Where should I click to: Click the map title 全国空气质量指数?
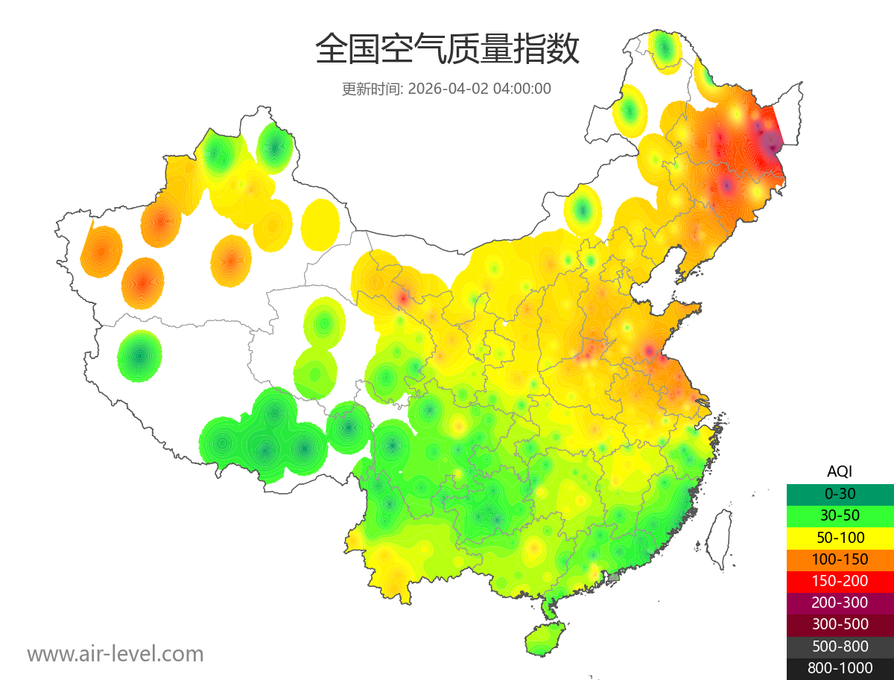tap(447, 50)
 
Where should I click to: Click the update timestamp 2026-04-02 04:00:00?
tap(480, 89)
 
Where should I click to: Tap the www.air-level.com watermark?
tap(115, 654)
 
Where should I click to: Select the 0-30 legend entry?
tap(840, 494)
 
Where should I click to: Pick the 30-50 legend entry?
tap(840, 515)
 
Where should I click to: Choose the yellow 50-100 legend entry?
tap(840, 537)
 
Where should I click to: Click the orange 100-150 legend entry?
tap(840, 559)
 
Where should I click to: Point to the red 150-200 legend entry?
tap(840, 581)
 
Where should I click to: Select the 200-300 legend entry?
tap(840, 603)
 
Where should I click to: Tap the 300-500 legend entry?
tap(840, 624)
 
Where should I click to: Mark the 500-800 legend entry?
tap(840, 646)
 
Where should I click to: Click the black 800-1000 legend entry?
tap(840, 668)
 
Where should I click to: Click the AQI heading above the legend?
tap(840, 471)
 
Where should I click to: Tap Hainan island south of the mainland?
tap(545, 639)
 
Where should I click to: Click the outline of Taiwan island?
tap(718, 540)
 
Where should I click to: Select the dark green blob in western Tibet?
tap(139, 356)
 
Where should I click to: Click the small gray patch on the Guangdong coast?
tap(614, 577)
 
